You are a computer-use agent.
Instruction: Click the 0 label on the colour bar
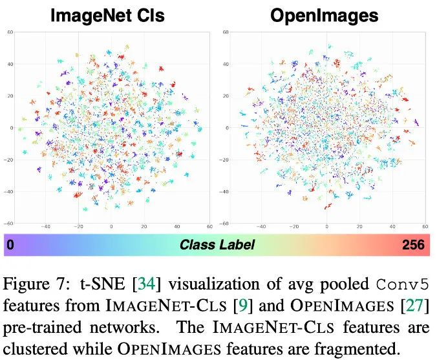tap(10, 245)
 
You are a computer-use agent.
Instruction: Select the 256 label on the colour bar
tap(413, 245)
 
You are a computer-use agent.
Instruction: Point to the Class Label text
tap(217, 245)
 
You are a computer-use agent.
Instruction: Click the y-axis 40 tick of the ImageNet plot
tap(11, 64)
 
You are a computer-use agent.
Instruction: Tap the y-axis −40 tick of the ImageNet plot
tap(10, 192)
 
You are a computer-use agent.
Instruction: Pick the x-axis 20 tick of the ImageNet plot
tap(144, 227)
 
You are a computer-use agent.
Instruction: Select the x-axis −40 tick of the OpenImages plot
tap(261, 227)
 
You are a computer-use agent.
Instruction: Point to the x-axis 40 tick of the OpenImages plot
tap(392, 227)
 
